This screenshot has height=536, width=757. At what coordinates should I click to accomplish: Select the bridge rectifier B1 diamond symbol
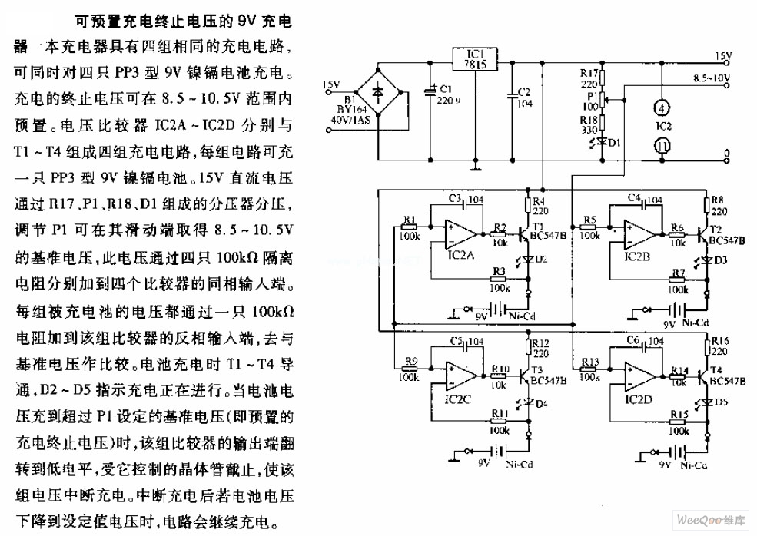tap(380, 90)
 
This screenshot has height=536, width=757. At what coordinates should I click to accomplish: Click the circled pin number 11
tap(660, 145)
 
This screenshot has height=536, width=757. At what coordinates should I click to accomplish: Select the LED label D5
tap(721, 402)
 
